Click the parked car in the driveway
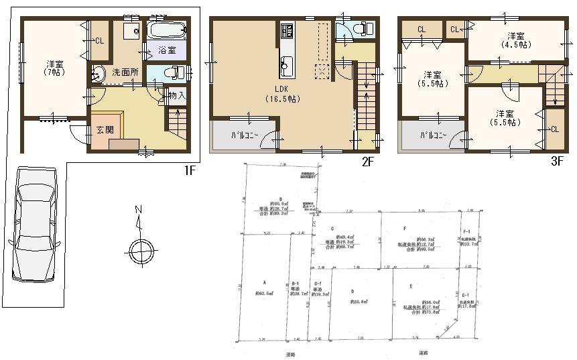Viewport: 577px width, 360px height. [x=35, y=225]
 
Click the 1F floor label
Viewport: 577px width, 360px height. [x=190, y=170]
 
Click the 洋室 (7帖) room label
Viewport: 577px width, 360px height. [x=54, y=67]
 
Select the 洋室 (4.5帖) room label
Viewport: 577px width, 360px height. [x=515, y=40]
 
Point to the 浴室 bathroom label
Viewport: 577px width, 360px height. [x=167, y=51]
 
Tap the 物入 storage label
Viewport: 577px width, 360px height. [x=176, y=96]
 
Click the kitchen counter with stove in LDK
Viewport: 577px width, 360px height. [x=286, y=50]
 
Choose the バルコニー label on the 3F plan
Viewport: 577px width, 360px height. [x=421, y=135]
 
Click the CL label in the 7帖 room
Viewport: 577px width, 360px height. [x=99, y=41]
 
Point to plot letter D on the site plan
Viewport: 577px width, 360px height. [x=352, y=291]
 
